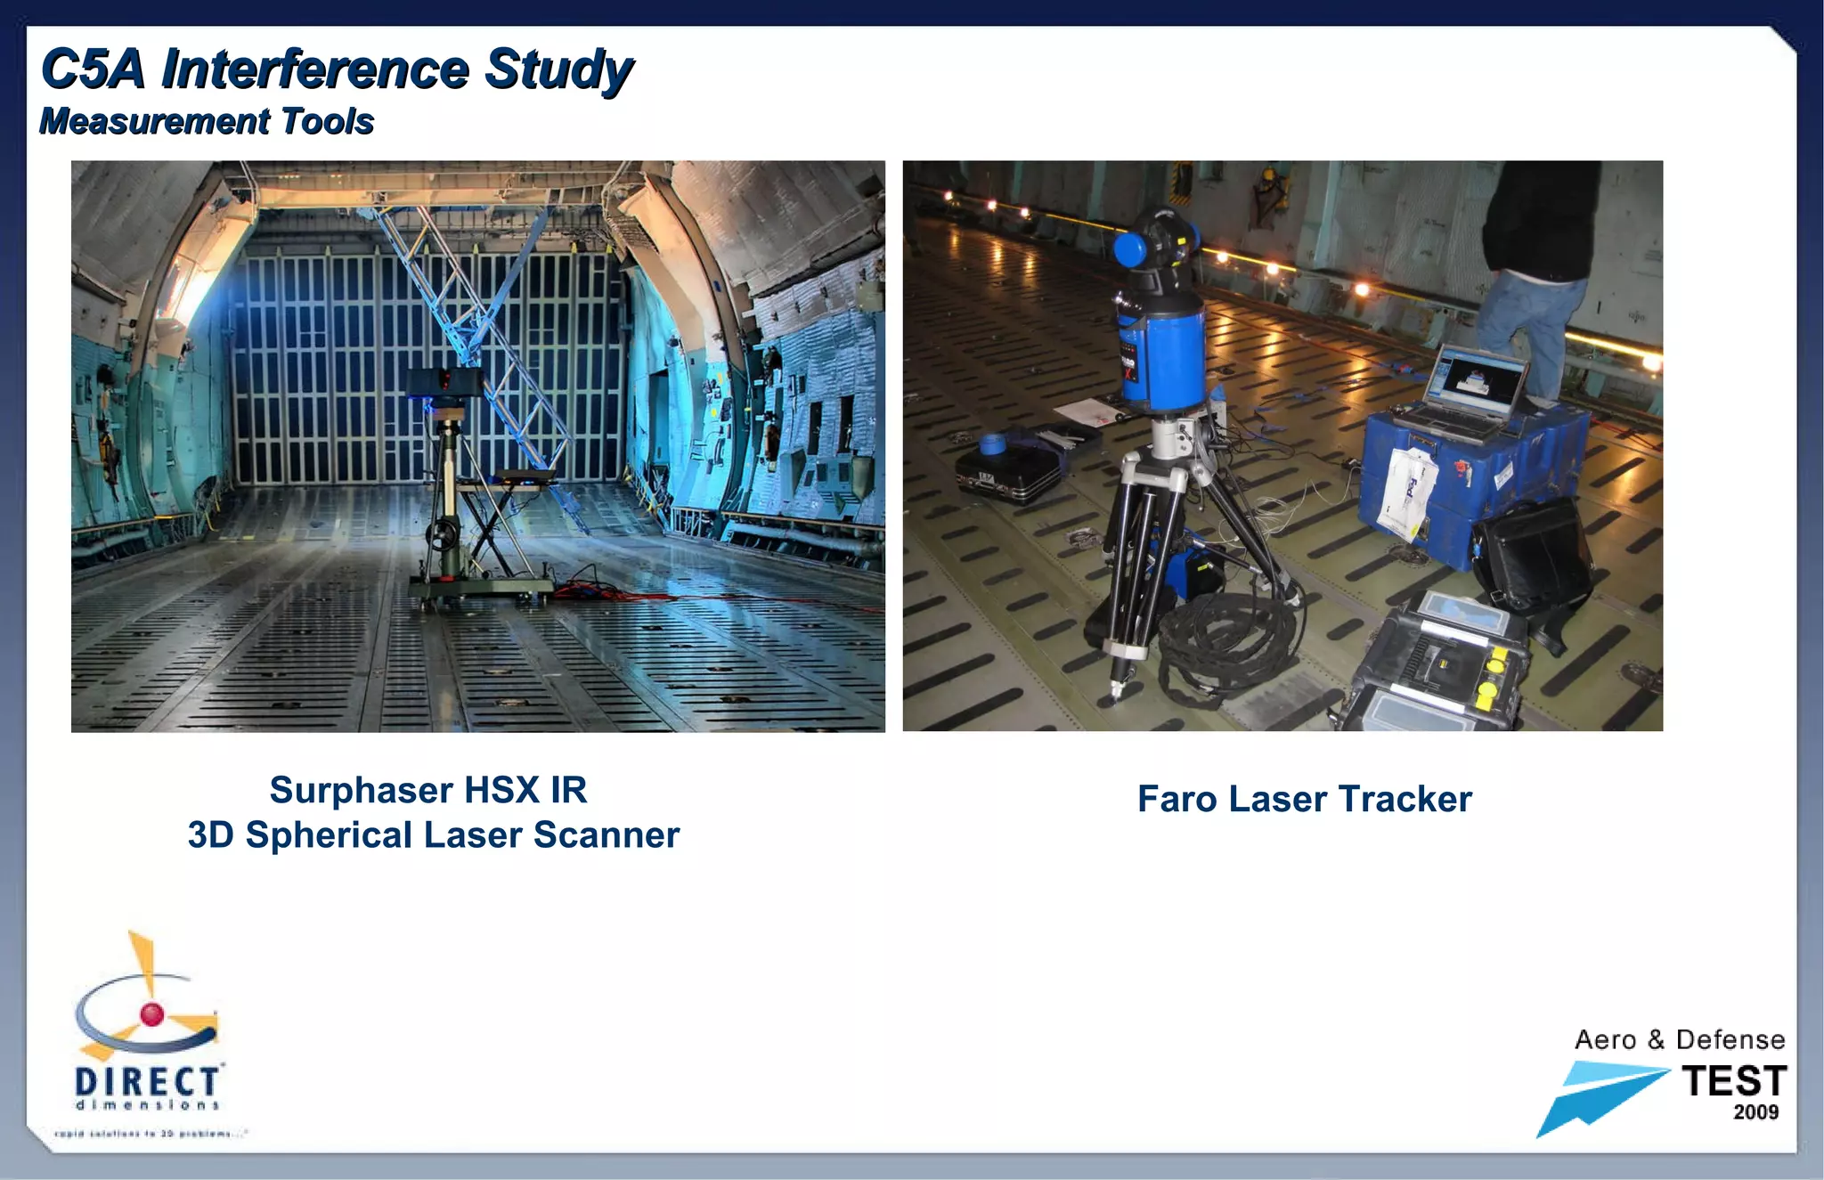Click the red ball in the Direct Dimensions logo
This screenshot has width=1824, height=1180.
click(152, 1013)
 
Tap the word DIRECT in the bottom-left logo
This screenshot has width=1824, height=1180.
click(147, 1081)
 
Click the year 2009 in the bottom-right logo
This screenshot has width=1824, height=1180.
click(1755, 1112)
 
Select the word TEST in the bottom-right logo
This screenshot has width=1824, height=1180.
click(1733, 1081)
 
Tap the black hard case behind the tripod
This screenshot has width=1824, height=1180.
click(1008, 472)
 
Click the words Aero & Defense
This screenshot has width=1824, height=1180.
click(1679, 1040)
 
